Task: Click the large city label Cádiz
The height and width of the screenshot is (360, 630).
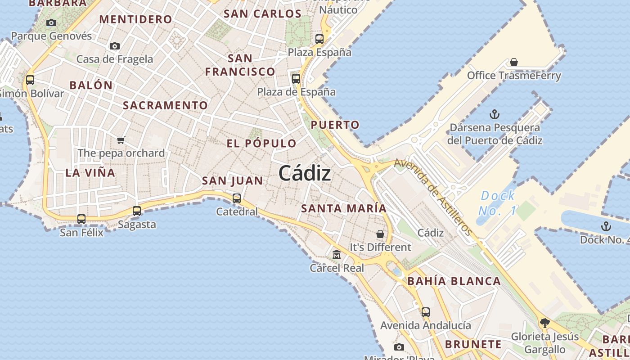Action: pos(305,173)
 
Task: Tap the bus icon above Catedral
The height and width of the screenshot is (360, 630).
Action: pos(237,198)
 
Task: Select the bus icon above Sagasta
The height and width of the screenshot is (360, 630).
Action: pos(137,211)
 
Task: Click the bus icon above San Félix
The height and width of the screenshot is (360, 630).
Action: pos(81,219)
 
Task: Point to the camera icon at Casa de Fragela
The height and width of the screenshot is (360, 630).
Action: pos(115,46)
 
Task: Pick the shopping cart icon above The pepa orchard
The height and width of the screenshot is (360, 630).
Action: pos(121,140)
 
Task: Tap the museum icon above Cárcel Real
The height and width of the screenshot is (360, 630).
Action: pos(337,255)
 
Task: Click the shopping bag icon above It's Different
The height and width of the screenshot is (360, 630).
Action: pos(380,234)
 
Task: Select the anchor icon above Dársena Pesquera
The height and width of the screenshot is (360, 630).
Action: pos(495,114)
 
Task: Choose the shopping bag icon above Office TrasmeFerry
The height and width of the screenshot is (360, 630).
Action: pos(514,62)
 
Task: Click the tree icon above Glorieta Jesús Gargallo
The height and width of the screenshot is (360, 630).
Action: pos(544,323)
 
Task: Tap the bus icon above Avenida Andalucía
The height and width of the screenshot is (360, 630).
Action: pos(426,312)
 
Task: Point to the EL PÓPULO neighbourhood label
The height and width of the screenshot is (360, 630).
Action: pos(261,144)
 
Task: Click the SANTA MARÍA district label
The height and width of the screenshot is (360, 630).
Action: pos(344,208)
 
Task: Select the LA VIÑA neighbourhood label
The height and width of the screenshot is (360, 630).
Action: pos(90,172)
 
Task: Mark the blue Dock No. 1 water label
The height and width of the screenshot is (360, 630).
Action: pos(497,203)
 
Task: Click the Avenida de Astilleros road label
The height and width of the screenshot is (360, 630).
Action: pos(434,197)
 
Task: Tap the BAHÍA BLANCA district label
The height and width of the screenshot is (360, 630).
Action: pos(454,281)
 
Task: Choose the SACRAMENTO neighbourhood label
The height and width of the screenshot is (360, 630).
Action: pos(166,105)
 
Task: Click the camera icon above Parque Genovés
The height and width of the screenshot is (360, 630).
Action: pos(51,22)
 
